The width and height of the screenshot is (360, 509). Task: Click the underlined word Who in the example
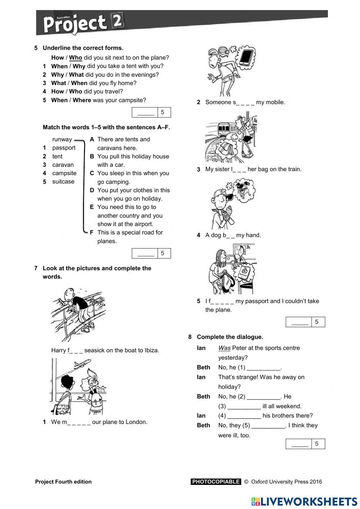(76, 58)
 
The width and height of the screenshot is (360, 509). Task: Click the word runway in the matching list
(62, 139)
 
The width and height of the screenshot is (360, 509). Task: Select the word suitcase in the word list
(63, 182)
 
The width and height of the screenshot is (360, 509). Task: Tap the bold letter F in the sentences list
(92, 233)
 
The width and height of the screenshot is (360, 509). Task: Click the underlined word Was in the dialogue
(224, 348)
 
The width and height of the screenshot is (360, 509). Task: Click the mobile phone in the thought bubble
(246, 57)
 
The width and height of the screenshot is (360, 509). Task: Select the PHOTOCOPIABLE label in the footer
(216, 482)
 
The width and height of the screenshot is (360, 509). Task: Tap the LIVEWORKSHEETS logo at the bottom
(304, 501)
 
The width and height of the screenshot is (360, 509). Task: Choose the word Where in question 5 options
(82, 100)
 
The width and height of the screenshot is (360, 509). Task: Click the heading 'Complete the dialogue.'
(230, 337)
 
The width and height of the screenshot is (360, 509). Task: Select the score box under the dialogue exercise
(305, 444)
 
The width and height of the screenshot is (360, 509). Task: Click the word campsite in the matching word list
(64, 173)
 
